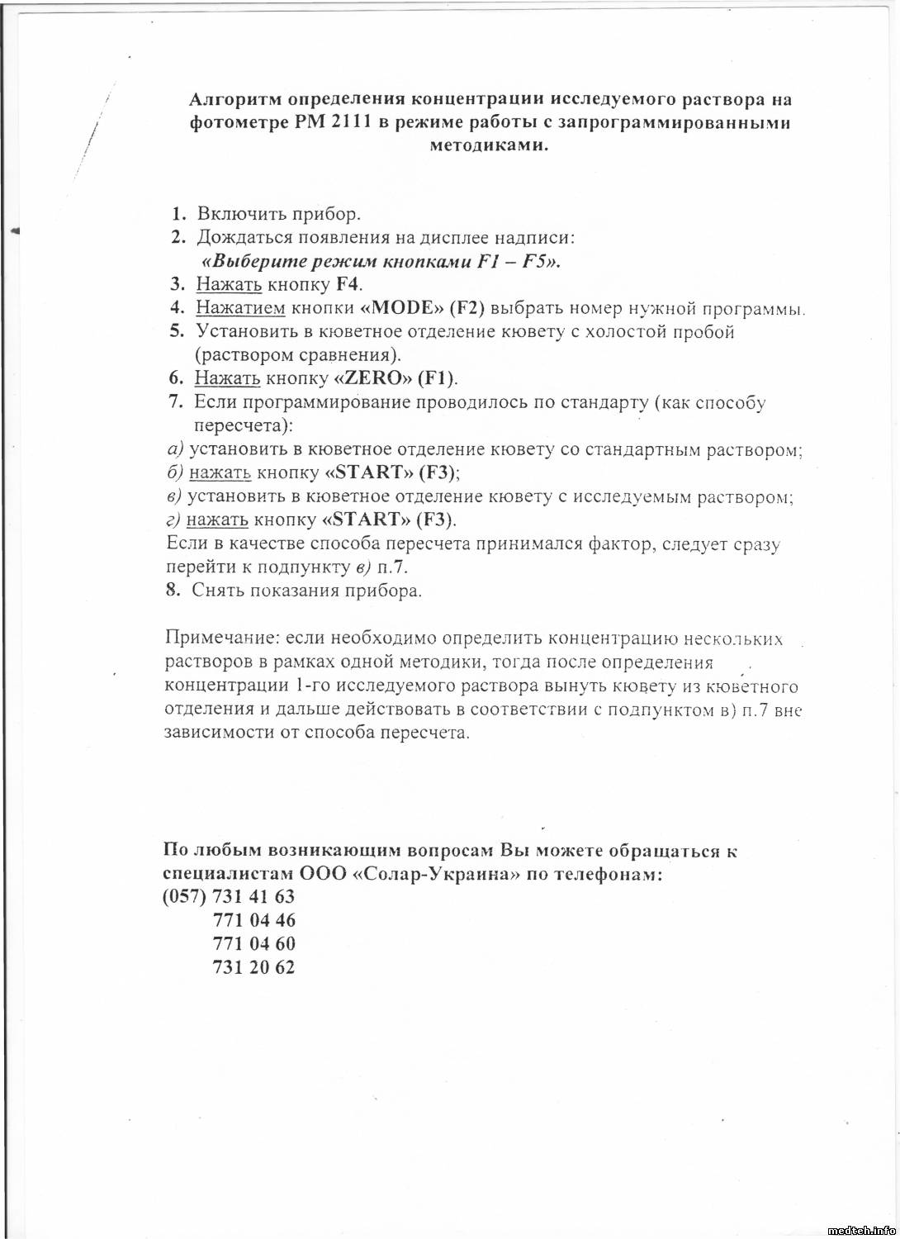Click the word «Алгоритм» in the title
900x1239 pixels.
point(234,100)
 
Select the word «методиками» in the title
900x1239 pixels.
point(487,146)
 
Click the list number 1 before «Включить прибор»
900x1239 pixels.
point(178,214)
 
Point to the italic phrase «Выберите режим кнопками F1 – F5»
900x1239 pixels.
point(381,261)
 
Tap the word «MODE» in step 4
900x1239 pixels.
point(402,308)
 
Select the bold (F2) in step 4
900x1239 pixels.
point(467,308)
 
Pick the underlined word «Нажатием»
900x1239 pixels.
point(239,308)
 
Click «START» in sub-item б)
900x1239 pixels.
point(369,472)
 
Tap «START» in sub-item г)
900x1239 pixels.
point(366,520)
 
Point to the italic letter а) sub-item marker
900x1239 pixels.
point(175,449)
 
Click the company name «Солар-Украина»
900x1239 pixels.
point(435,874)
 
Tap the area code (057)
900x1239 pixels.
point(184,897)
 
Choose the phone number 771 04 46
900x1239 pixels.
point(253,920)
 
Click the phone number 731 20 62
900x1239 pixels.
point(253,967)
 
